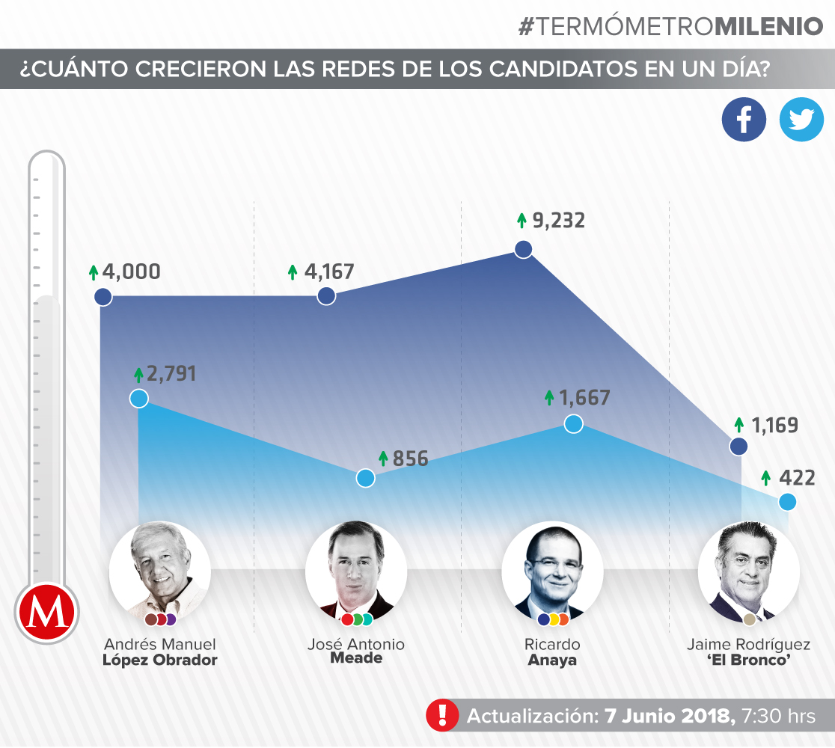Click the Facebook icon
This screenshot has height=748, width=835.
744,120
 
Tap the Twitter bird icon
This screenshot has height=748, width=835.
801,120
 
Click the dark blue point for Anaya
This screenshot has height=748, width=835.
524,249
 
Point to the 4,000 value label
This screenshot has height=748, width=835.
132,272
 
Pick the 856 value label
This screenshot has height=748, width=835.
411,459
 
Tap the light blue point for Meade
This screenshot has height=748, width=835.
365,478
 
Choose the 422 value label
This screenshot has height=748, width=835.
797,477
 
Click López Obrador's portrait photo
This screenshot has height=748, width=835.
159,571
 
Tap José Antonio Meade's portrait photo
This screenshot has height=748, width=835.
356,571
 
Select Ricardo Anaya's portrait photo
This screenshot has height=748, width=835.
552,571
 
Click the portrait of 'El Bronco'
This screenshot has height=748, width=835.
748,571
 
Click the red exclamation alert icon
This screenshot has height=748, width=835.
442,715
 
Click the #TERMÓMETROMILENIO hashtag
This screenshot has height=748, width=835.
670,26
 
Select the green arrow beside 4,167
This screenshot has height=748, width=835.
293,272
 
